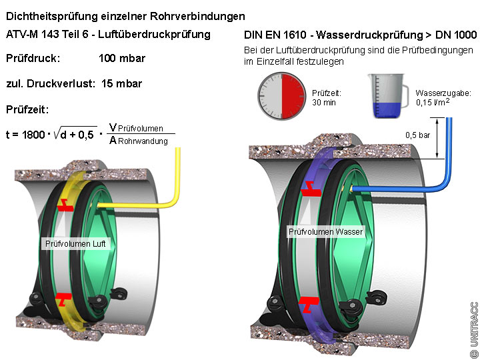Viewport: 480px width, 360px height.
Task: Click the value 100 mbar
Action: coord(122,59)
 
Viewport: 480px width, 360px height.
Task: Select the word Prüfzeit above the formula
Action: coord(27,109)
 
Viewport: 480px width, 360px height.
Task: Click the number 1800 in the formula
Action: coord(33,134)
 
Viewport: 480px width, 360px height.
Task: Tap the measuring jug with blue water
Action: coord(386,95)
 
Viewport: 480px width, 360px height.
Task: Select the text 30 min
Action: coord(323,103)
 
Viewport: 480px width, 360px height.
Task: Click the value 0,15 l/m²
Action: coord(433,103)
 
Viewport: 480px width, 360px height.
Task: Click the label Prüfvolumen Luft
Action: coord(75,245)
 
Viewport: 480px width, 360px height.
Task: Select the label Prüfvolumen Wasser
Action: coord(325,232)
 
